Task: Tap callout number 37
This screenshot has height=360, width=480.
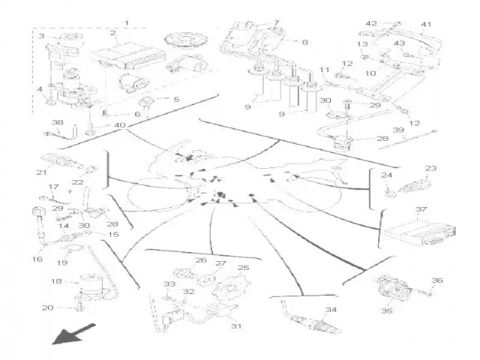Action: [x=421, y=210]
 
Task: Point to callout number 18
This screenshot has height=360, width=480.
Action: [x=55, y=281]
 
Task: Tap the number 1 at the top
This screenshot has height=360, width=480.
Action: [x=126, y=22]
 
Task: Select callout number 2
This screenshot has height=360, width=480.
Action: [x=112, y=34]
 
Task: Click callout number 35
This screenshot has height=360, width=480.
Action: [x=387, y=310]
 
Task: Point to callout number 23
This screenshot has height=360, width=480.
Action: [x=430, y=168]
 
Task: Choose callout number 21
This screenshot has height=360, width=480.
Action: [x=41, y=172]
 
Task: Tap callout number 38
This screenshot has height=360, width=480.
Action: [x=57, y=122]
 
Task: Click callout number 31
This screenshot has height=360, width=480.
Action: [x=236, y=326]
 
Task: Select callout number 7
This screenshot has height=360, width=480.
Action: [x=277, y=23]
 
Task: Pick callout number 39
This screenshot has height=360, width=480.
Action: [x=420, y=130]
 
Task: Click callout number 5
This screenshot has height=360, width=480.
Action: [x=176, y=99]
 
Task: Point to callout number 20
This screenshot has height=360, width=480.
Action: [x=46, y=308]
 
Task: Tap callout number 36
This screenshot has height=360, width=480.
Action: [x=439, y=280]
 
